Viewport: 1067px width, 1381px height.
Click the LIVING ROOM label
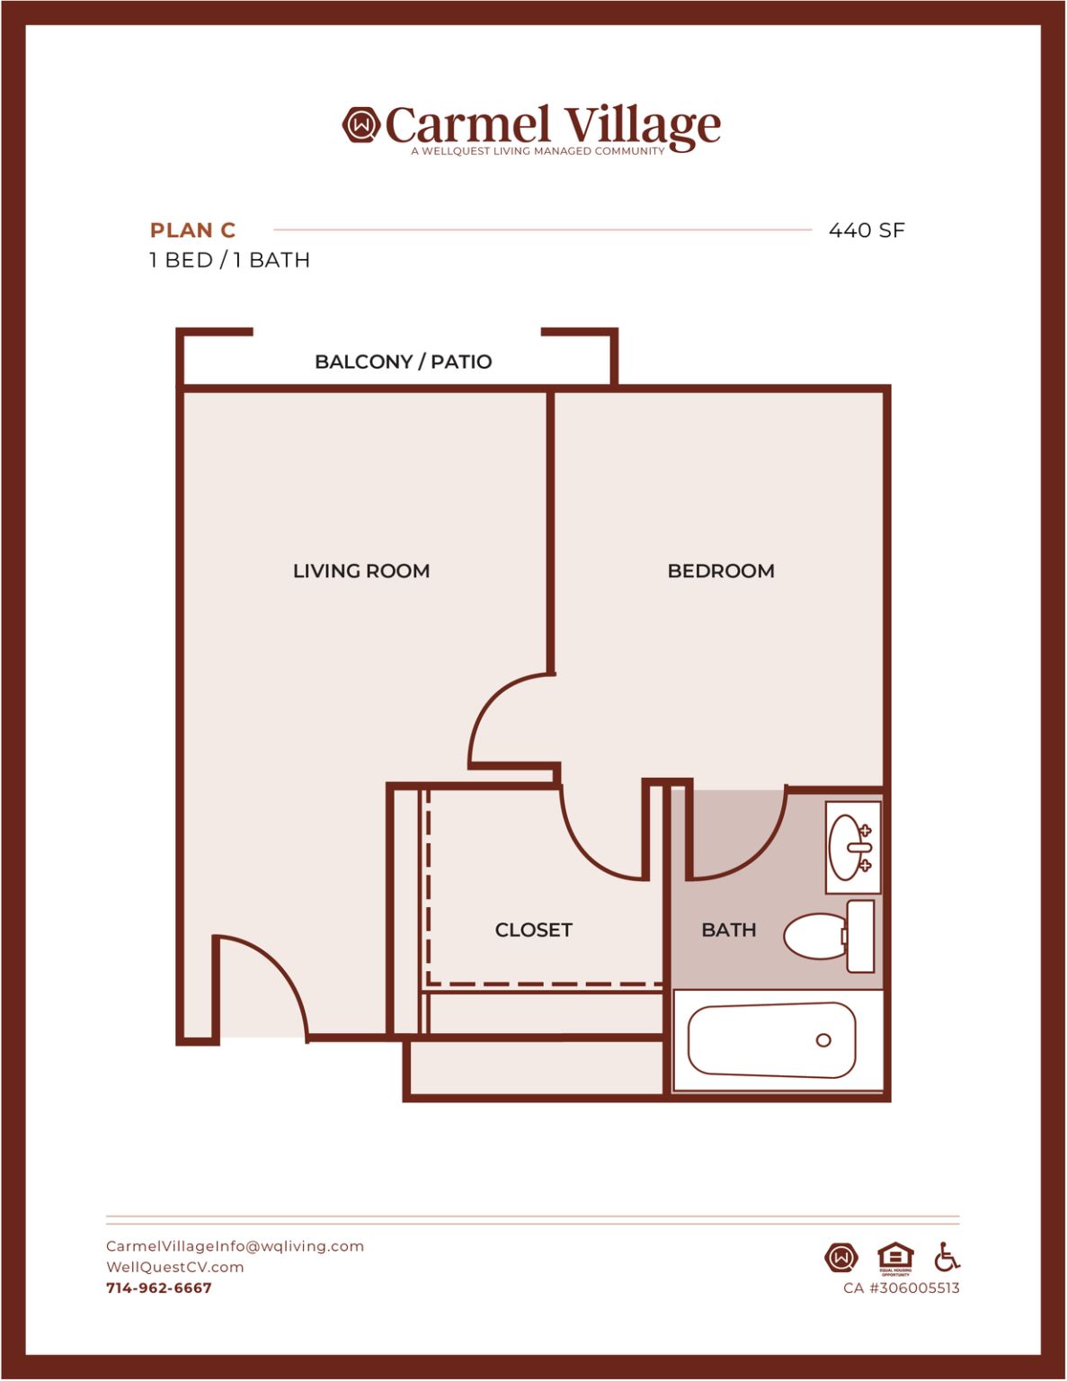click(361, 571)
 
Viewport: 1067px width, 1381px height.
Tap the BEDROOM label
click(721, 571)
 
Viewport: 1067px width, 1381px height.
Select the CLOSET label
click(534, 930)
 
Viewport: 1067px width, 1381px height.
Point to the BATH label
click(728, 930)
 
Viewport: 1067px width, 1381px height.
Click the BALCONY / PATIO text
click(404, 361)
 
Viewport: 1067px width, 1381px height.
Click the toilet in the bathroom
click(830, 936)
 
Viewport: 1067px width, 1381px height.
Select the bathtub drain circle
click(823, 1040)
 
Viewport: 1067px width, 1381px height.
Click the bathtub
click(771, 1040)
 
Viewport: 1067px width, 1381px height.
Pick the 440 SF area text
click(867, 230)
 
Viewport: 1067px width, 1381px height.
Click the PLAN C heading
click(192, 230)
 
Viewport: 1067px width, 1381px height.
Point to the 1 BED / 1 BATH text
click(229, 260)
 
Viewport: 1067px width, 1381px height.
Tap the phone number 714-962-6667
click(159, 1287)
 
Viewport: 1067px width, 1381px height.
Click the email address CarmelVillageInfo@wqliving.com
click(235, 1246)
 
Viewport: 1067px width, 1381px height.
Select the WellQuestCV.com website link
click(174, 1267)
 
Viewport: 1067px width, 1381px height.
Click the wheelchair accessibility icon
click(947, 1256)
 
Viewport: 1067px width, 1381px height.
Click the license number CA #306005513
click(902, 1287)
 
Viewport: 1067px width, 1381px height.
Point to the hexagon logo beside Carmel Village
click(361, 124)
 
